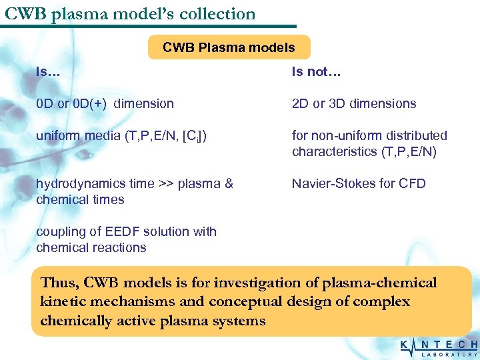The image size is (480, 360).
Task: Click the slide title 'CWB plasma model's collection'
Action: click(x=130, y=13)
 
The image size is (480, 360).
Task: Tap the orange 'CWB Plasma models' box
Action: click(x=229, y=47)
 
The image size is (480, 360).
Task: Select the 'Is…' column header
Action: click(x=48, y=71)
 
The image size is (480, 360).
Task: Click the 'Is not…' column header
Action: click(x=316, y=72)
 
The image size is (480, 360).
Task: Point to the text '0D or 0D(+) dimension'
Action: click(x=105, y=103)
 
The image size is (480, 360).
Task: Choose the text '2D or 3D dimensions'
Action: click(x=353, y=103)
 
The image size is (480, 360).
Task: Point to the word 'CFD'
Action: click(x=412, y=183)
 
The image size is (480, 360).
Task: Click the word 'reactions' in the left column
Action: click(x=120, y=247)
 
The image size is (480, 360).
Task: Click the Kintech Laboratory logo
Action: click(x=438, y=347)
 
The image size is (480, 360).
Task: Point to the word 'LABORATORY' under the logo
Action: click(x=449, y=355)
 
